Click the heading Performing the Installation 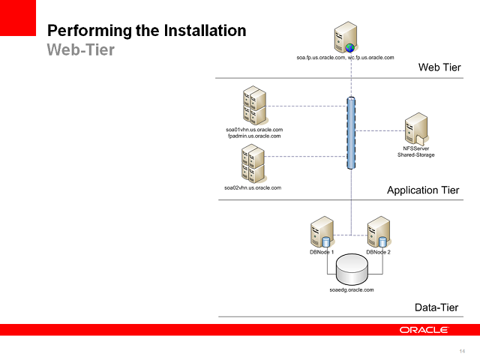pos(147,31)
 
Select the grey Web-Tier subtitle pos(82,49)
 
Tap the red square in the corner pos(18,17)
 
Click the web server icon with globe pos(345,38)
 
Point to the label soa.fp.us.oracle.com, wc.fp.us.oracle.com pos(345,57)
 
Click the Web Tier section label pos(439,68)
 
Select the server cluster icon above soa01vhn pos(254,106)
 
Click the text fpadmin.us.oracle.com pos(254,136)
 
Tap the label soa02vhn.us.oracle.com pos(253,187)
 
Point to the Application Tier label pos(423,190)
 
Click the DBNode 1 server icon pos(322,232)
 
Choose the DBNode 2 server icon pos(378,232)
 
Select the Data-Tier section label pos(436,307)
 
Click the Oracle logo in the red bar pos(424,330)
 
